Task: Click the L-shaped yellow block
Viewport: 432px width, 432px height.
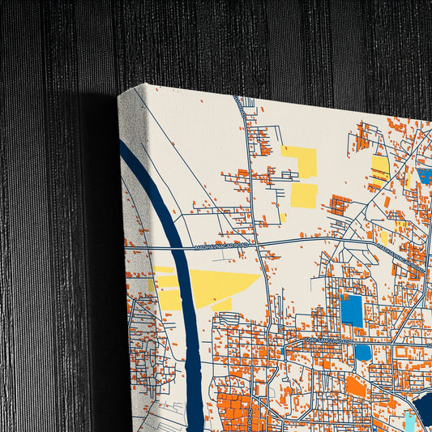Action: [x=302, y=161]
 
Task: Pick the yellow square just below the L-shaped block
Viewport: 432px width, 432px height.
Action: [x=304, y=195]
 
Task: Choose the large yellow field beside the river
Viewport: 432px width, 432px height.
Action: [x=209, y=286]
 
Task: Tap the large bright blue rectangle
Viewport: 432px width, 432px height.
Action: [x=352, y=309]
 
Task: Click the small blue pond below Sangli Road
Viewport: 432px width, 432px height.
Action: [x=362, y=353]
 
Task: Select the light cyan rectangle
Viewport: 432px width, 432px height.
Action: [x=410, y=420]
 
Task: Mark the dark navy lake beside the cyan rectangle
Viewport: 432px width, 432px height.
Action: [x=424, y=403]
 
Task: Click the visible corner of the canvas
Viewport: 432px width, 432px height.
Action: [x=120, y=95]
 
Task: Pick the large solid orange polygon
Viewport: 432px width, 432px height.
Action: [x=355, y=386]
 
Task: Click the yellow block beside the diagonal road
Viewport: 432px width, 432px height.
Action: [x=380, y=168]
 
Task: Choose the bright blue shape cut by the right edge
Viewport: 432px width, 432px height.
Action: [x=426, y=174]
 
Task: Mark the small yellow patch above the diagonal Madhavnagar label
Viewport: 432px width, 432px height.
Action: [x=383, y=237]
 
